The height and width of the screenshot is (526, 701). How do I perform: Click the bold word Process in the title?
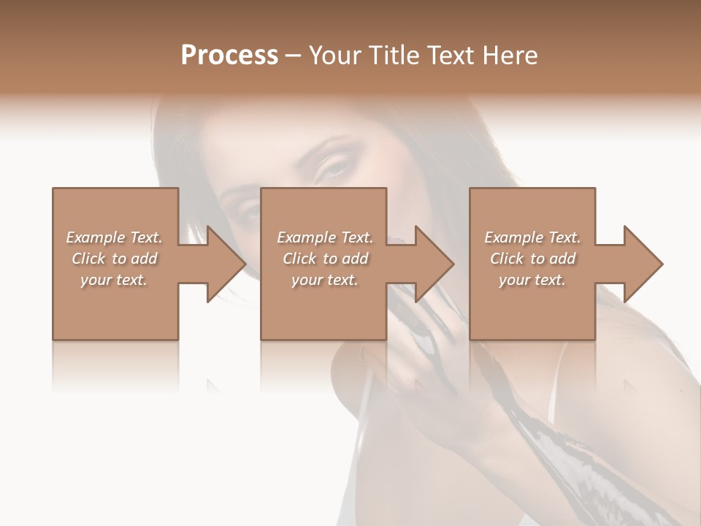tap(229, 56)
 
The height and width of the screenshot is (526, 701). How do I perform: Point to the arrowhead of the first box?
tap(225, 264)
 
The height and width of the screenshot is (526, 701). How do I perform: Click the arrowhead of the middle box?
tap(434, 264)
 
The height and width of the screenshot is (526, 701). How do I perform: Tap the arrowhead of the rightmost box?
tap(643, 264)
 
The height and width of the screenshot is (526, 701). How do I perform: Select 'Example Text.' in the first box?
tap(114, 237)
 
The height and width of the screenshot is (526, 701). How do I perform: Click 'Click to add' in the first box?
tap(115, 259)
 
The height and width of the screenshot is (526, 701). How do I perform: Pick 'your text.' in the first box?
tap(114, 280)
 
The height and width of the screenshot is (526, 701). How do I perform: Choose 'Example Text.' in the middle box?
tap(325, 237)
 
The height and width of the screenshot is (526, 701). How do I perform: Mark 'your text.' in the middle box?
tap(325, 280)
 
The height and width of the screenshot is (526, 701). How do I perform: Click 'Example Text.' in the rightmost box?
tap(532, 237)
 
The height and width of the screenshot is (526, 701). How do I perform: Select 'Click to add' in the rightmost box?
tap(533, 259)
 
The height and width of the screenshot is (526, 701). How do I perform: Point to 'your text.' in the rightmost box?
tap(532, 280)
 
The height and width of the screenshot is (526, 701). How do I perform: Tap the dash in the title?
tap(294, 56)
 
